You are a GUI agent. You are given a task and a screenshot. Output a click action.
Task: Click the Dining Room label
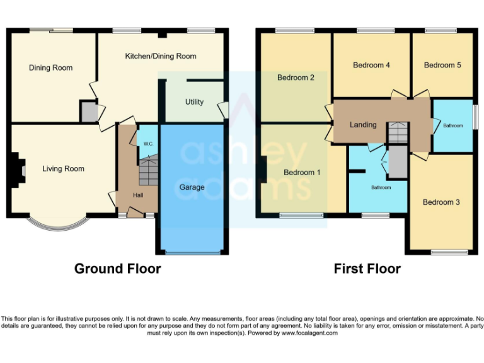[x=50, y=68]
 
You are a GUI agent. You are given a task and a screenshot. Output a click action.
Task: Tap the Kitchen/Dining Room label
[x=161, y=56]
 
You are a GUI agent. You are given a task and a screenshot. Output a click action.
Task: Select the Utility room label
[x=194, y=101]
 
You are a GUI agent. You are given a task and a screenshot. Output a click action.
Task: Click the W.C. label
[x=148, y=144]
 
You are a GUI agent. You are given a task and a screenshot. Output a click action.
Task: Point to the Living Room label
[x=63, y=168]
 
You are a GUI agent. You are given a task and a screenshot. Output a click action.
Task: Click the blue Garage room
[x=192, y=202]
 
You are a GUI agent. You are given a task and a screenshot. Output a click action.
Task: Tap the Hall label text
[x=137, y=195]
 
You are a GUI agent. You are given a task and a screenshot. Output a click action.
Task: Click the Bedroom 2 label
[x=296, y=78]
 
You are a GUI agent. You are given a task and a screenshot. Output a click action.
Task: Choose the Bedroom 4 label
[x=371, y=65]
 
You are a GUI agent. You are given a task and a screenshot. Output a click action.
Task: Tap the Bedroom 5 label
[x=442, y=65]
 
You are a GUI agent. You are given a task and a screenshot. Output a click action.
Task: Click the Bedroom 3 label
[x=441, y=202]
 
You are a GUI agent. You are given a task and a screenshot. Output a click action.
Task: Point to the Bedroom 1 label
[x=302, y=172]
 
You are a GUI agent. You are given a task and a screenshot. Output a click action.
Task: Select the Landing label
[x=363, y=125]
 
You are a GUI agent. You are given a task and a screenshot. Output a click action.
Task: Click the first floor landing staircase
[x=397, y=133]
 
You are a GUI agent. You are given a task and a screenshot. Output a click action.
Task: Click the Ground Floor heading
[x=117, y=269]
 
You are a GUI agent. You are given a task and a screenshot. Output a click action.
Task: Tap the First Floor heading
[x=367, y=269]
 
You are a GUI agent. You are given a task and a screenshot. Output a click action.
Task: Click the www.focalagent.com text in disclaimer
[x=309, y=333]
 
